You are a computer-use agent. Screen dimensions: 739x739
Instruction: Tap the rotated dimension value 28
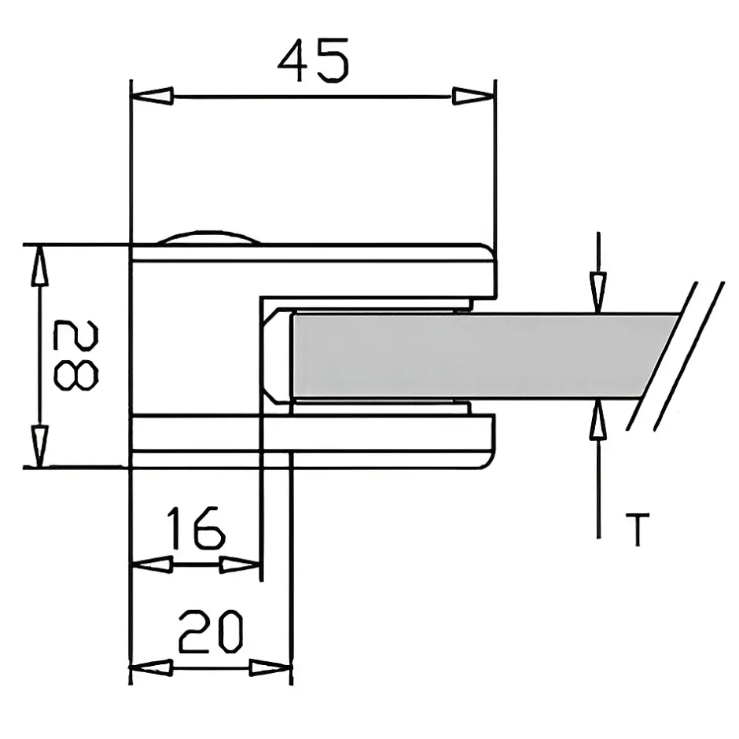(75, 355)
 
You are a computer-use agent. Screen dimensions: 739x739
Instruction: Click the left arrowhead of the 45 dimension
(152, 97)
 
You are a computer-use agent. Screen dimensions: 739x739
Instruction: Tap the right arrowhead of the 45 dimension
(474, 97)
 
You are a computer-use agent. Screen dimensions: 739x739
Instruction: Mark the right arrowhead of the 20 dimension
(270, 669)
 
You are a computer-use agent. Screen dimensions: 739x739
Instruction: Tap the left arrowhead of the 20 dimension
(151, 669)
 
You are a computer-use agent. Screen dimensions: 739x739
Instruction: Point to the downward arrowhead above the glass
(599, 291)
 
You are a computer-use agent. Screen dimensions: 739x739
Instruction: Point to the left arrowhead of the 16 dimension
(152, 564)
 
